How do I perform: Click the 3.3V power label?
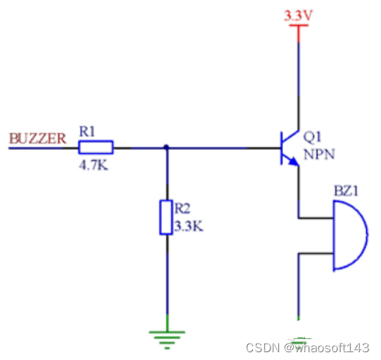299,15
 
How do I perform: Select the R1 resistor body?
96,147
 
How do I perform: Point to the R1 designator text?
86,133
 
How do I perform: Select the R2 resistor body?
166,217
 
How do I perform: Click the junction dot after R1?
166,147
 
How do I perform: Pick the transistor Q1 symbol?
288,147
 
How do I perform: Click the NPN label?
318,153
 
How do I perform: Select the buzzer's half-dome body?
349,235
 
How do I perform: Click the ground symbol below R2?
166,337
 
